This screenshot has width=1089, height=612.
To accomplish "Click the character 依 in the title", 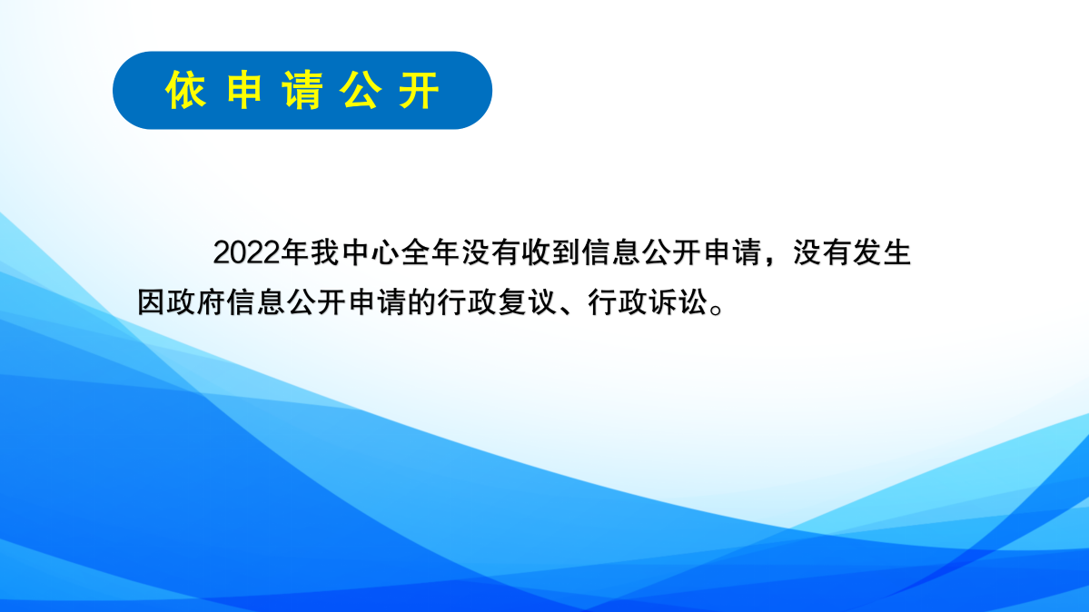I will tap(186, 91).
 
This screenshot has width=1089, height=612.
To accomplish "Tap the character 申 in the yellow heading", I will tap(244, 91).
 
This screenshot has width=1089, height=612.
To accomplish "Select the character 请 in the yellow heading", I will tap(302, 91).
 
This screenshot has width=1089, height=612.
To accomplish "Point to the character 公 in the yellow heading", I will tap(361, 91).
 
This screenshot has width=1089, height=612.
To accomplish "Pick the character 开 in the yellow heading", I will tap(419, 91).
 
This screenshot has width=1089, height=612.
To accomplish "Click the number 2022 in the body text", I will tap(246, 253).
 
